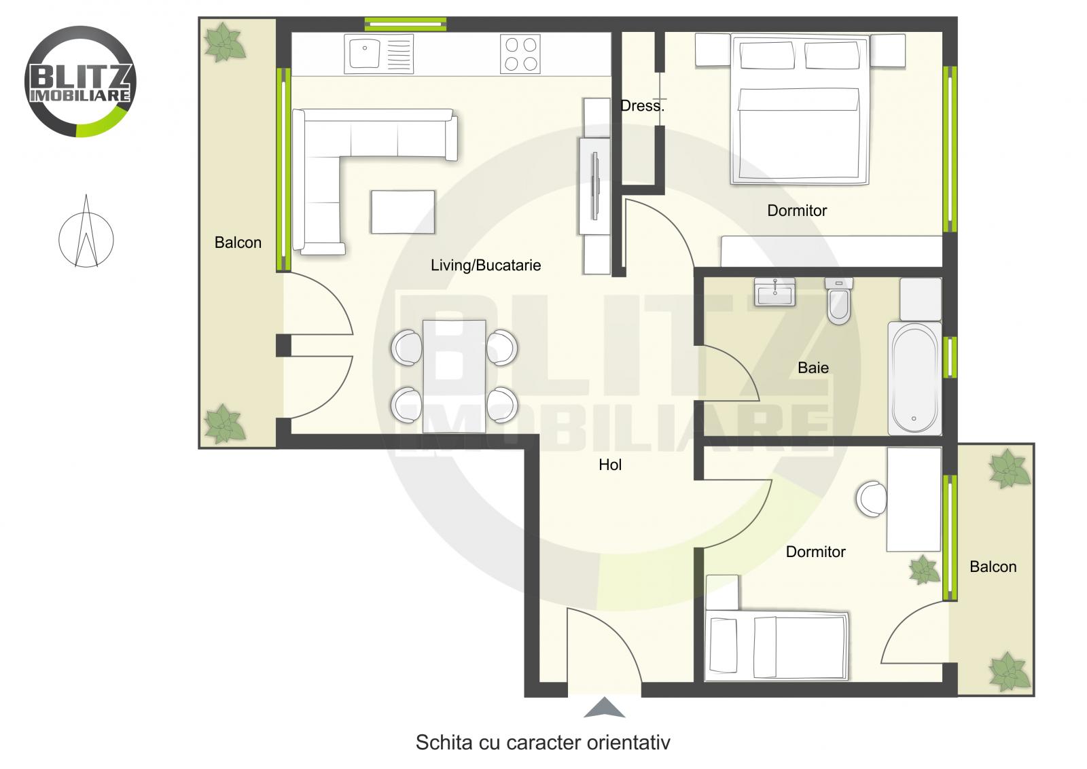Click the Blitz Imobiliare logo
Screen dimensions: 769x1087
80,82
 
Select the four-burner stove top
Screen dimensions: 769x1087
520,54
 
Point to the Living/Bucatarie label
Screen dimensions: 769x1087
486,266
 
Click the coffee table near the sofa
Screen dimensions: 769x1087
403,212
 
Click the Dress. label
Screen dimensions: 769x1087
642,106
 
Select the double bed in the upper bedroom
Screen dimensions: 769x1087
799,112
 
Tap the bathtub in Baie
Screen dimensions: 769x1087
914,378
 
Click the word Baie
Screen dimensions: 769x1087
813,368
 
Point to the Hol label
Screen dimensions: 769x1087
610,465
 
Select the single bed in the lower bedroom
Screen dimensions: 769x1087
777,646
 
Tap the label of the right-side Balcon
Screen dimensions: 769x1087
993,567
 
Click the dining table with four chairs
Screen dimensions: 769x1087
454,376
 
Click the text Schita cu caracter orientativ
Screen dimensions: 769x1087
542,743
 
